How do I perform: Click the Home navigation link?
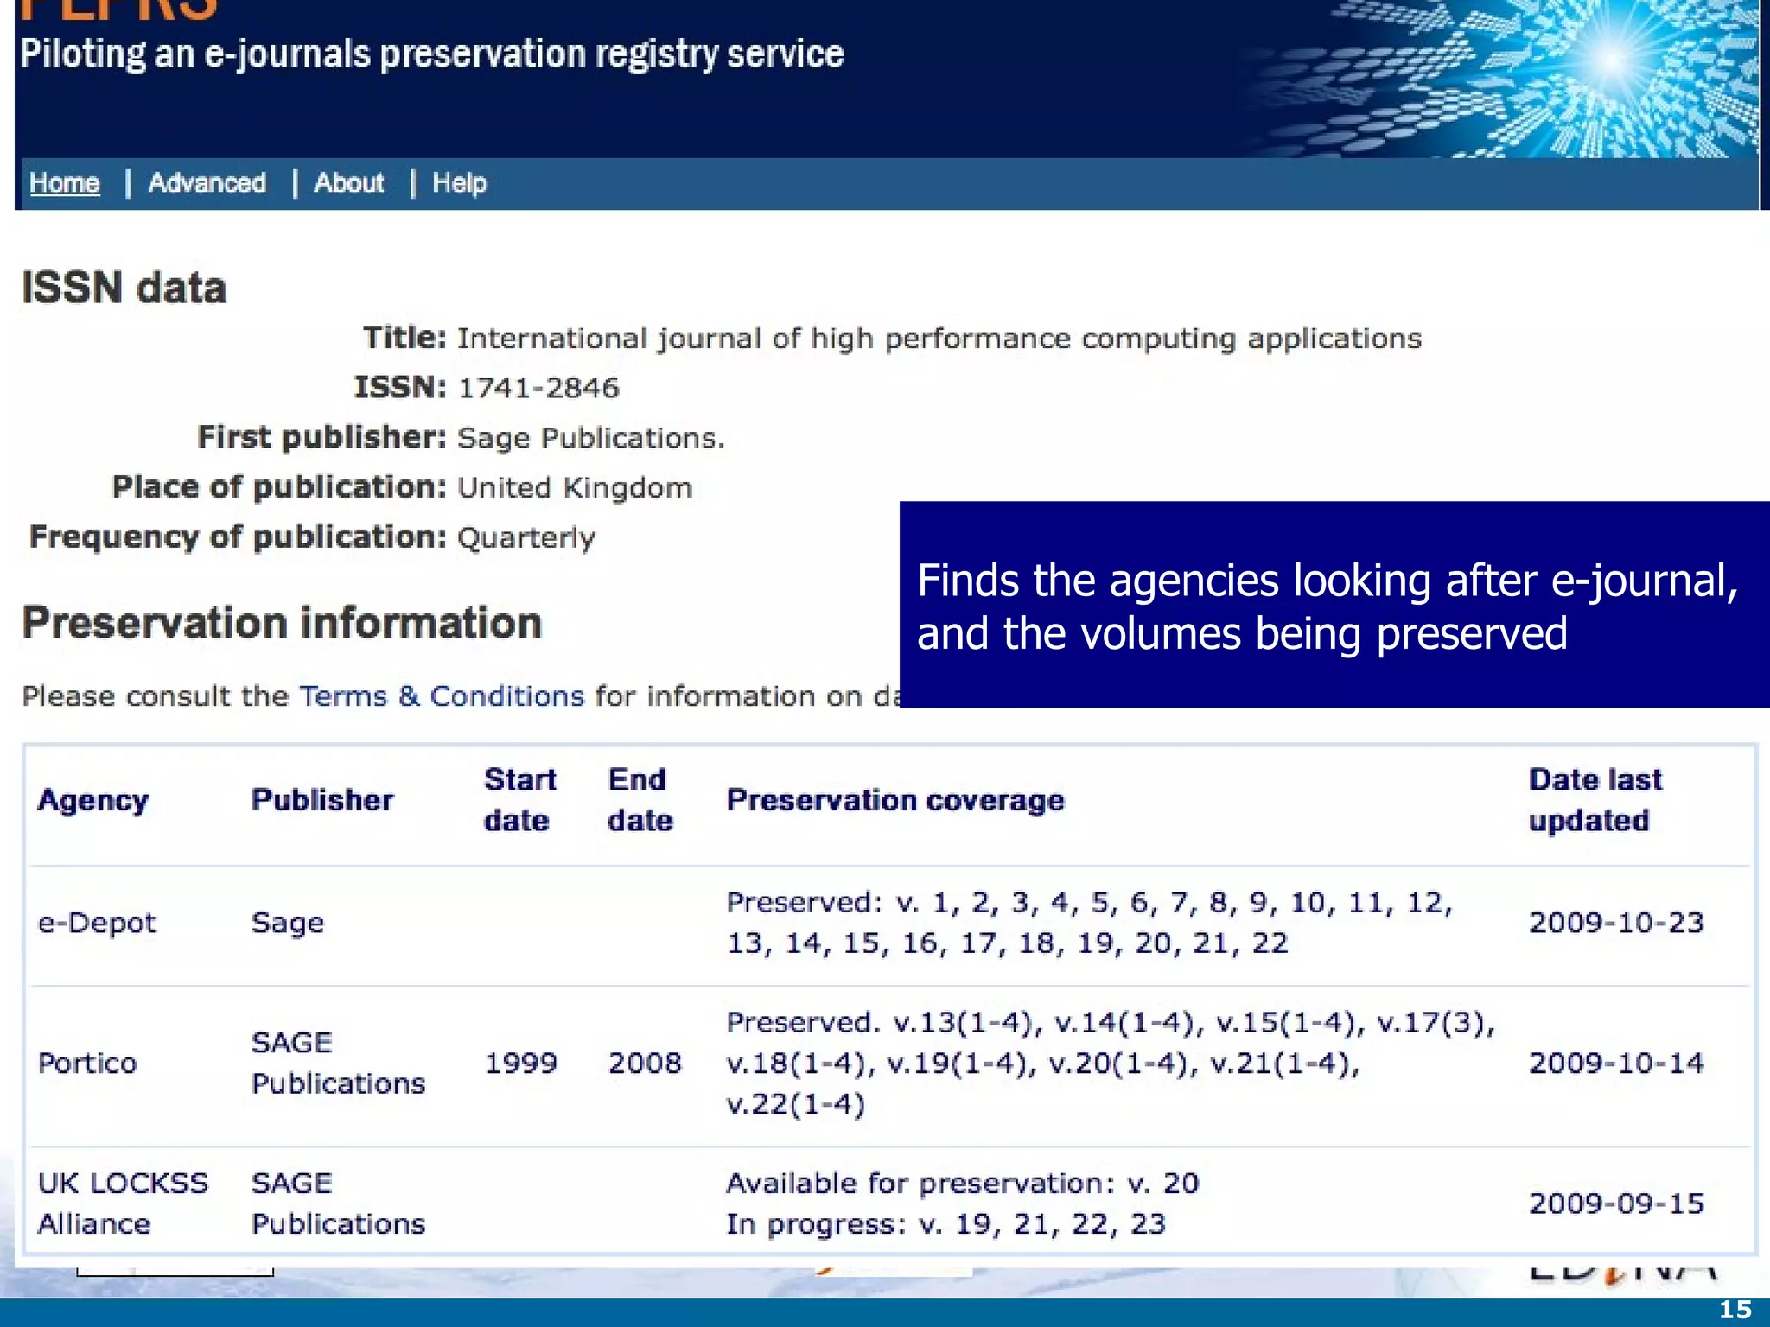[x=64, y=183]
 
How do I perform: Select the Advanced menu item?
[x=207, y=183]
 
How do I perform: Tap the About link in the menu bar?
[x=348, y=183]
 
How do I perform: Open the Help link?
[x=459, y=183]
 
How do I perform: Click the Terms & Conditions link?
[x=442, y=696]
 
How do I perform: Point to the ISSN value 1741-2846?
[x=538, y=388]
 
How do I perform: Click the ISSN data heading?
[x=124, y=288]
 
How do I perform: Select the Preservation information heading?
[x=282, y=623]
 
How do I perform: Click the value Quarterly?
[x=525, y=537]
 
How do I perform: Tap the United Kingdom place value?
[x=575, y=488]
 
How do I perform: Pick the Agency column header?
[x=93, y=800]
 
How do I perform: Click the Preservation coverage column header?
[x=895, y=800]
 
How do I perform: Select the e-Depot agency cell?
[x=97, y=923]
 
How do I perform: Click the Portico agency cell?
[x=87, y=1063]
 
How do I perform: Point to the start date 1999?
[x=520, y=1063]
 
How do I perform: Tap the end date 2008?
[x=645, y=1063]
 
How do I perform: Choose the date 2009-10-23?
[x=1616, y=923]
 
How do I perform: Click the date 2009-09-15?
[x=1616, y=1203]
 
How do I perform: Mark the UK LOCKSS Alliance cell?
[x=123, y=1203]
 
